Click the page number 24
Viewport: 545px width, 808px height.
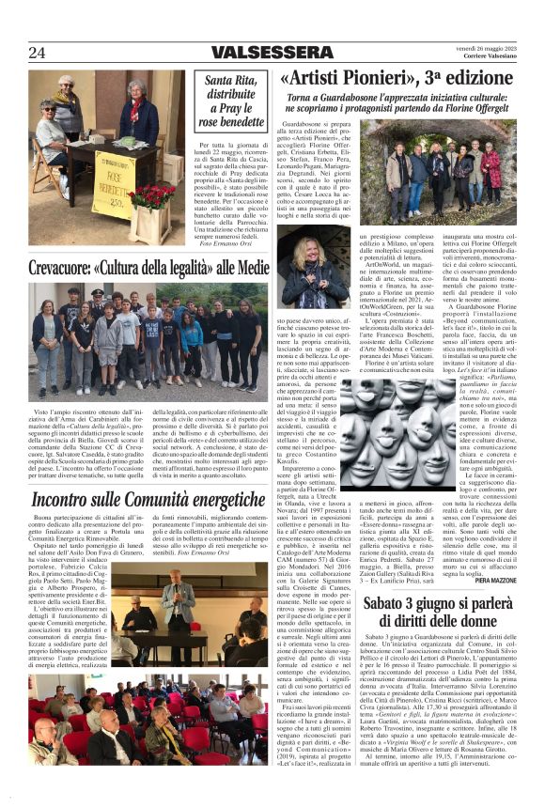pyautogui.click(x=37, y=53)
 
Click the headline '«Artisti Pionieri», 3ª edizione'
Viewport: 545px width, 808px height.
pyautogui.click(x=397, y=78)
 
